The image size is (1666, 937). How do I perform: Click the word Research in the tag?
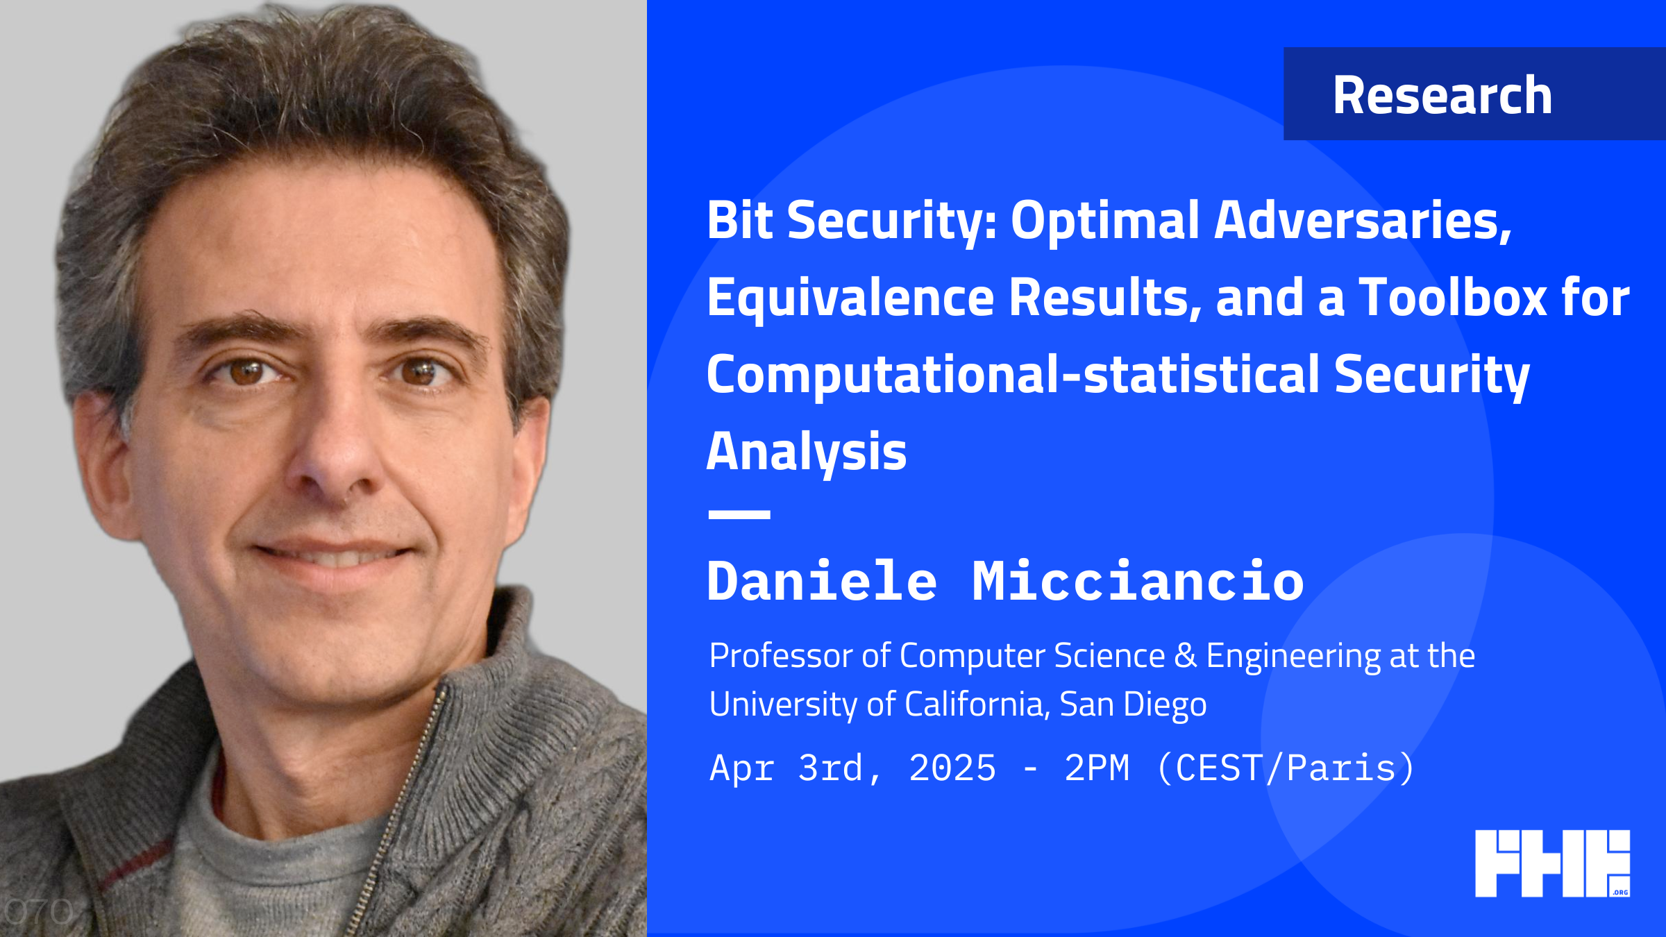click(x=1442, y=95)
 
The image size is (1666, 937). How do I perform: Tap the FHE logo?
click(x=1552, y=863)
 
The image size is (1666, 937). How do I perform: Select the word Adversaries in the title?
click(x=1363, y=221)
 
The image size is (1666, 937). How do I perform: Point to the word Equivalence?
click(x=851, y=297)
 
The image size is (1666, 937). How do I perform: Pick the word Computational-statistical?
click(x=1013, y=375)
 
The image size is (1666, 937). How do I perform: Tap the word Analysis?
click(x=807, y=452)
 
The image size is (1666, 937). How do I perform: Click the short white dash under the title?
click(x=739, y=514)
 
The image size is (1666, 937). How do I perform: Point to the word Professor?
click(x=782, y=656)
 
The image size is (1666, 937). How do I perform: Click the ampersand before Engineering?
click(x=1186, y=656)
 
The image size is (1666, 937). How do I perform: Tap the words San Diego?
click(x=1133, y=704)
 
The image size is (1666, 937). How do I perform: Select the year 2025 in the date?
click(x=952, y=768)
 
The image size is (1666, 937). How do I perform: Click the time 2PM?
click(x=1097, y=768)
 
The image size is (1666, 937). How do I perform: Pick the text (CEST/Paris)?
click(x=1286, y=768)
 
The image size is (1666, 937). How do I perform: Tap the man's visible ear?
click(x=104, y=465)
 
